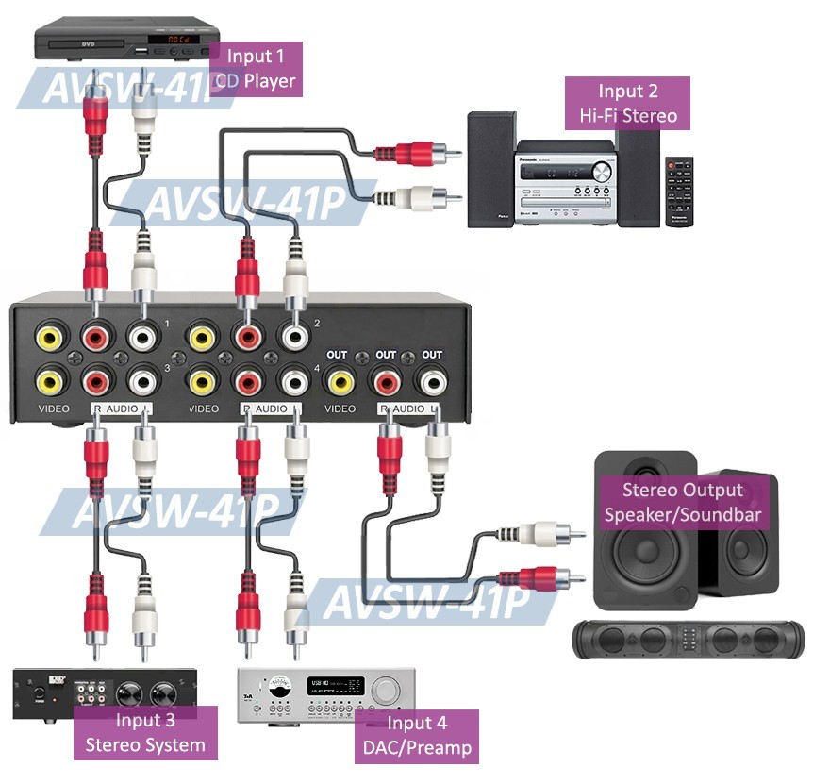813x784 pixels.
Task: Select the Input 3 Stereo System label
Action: click(145, 732)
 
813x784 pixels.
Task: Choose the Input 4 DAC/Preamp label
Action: click(416, 737)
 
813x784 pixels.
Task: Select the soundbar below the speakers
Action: click(689, 639)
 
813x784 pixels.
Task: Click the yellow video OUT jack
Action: click(339, 381)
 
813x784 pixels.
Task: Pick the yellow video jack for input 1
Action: click(49, 337)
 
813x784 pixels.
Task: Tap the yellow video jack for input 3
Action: click(49, 381)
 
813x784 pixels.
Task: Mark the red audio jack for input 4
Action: click(248, 381)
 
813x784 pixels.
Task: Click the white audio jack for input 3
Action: click(142, 381)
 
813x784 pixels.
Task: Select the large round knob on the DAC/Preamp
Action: click(386, 690)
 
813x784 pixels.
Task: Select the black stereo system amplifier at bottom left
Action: click(105, 694)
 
